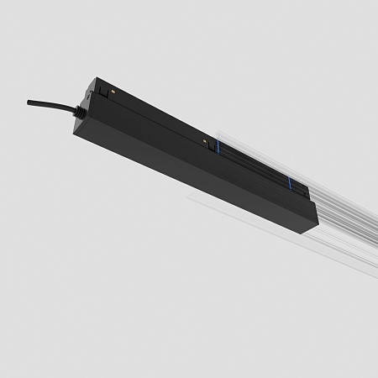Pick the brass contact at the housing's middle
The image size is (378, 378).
point(205,138)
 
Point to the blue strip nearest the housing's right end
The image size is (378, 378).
point(289,186)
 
